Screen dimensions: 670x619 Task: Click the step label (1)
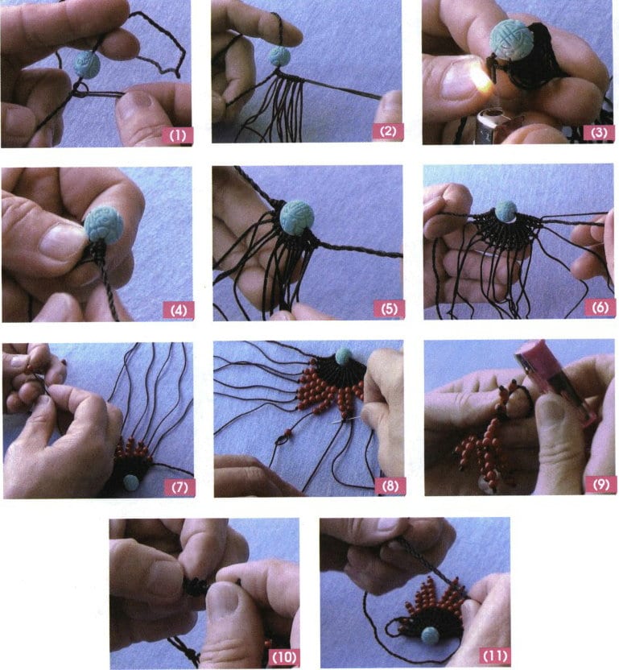(176, 134)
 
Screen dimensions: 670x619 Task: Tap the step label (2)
(387, 131)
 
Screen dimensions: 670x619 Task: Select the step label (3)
(598, 131)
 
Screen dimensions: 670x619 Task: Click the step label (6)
(598, 308)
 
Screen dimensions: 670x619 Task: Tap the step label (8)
(389, 486)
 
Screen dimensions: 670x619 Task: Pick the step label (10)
(283, 657)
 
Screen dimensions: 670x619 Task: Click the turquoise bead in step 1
(87, 63)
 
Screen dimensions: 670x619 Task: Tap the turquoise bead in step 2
(279, 56)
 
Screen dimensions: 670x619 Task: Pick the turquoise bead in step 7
(130, 482)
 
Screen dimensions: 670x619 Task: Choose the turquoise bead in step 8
(344, 355)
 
